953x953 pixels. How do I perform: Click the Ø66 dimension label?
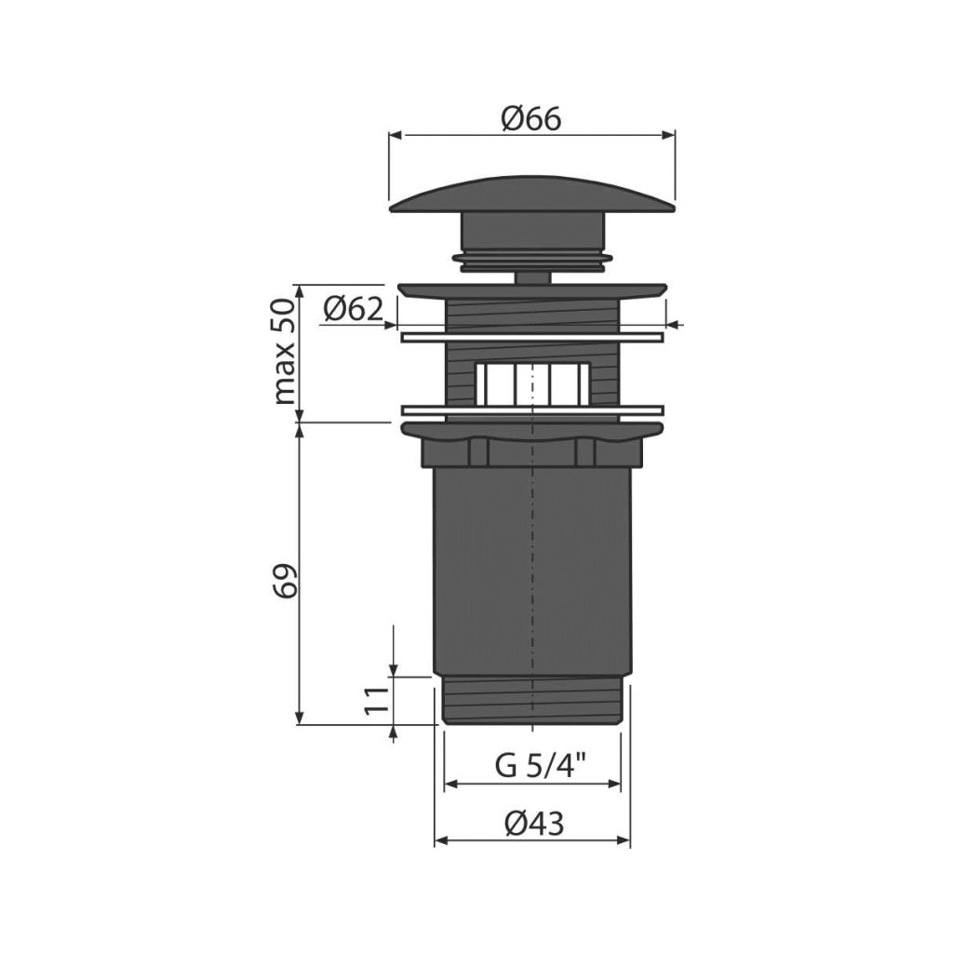point(531,119)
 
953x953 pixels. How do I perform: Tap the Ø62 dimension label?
point(354,309)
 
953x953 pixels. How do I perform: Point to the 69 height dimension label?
point(287,582)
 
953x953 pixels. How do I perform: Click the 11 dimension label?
point(376,700)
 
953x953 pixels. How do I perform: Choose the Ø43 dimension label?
point(534,824)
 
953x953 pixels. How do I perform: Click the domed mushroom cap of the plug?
point(532,195)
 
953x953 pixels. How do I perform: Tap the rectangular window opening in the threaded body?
point(532,383)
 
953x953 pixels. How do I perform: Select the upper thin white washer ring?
point(532,337)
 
